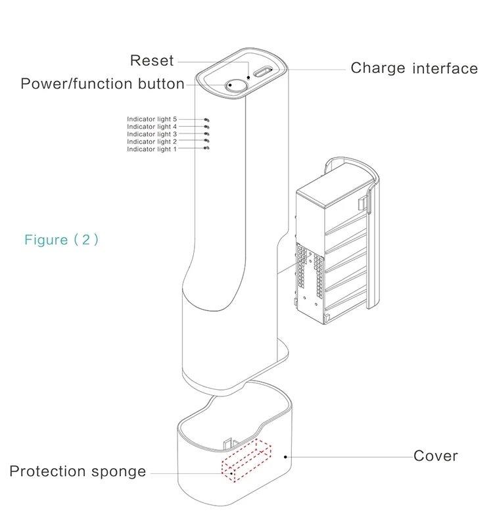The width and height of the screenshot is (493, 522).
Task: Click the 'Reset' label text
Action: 151,60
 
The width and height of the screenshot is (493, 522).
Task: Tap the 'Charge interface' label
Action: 413,68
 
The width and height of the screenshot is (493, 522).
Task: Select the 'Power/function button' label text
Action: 103,84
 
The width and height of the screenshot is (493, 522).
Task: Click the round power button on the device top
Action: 234,84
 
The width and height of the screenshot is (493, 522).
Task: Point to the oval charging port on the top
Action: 264,72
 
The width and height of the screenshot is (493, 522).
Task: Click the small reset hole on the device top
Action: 248,78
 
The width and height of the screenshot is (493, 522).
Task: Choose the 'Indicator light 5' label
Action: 152,119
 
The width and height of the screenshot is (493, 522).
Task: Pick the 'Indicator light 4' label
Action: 152,126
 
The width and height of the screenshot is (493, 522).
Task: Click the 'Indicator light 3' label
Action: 152,134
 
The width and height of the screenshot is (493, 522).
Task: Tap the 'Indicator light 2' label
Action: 152,141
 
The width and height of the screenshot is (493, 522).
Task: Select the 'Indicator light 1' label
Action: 152,149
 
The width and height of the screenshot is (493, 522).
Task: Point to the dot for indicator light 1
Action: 207,149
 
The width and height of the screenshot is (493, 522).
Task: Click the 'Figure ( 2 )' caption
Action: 61,239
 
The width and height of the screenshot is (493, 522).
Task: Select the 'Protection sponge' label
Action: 78,472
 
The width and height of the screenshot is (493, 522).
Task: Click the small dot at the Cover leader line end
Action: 285,456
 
